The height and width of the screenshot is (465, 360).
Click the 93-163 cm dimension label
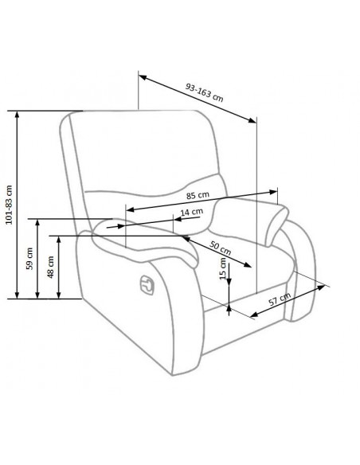coord(205,92)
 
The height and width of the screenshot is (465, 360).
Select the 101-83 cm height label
coord(10,205)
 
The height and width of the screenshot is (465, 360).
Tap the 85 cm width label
coord(198,195)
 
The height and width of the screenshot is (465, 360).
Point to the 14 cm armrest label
coord(192,212)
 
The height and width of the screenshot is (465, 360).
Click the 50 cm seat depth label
coord(221,248)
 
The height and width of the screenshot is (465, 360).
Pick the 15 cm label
coord(223,268)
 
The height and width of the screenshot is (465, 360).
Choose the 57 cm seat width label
coord(280,299)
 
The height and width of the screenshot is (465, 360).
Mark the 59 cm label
coord(29,258)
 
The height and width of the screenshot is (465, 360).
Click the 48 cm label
coord(51,267)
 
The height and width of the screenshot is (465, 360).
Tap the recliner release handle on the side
coord(147,285)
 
